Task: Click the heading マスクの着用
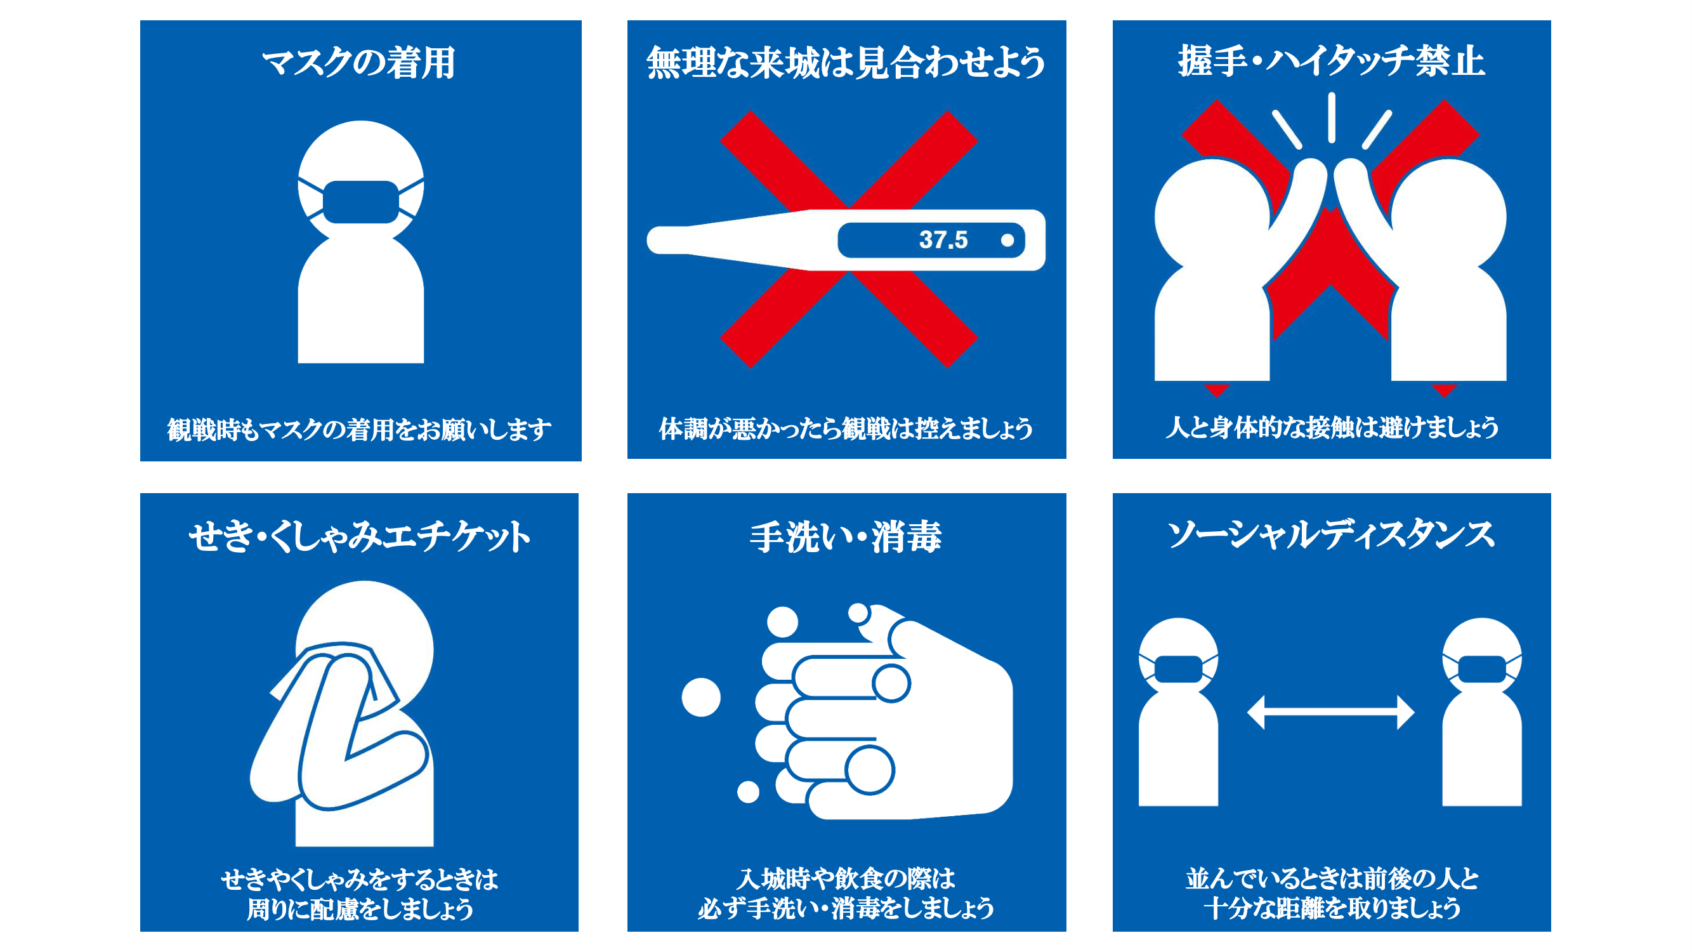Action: (358, 63)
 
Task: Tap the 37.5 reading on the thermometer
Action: (943, 240)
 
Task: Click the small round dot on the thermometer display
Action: (1007, 241)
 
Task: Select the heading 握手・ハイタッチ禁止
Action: (1331, 62)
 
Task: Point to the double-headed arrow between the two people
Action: (1331, 712)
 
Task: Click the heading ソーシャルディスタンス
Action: (1331, 535)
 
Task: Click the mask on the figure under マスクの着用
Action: (360, 202)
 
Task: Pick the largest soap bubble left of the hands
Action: (701, 697)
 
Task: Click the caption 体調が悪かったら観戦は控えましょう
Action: (846, 428)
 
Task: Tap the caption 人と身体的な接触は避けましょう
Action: (1332, 428)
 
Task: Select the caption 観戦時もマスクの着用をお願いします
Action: (359, 430)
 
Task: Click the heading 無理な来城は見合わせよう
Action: (846, 63)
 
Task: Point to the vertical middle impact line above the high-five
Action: (1332, 117)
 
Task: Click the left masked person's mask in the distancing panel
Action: (1178, 669)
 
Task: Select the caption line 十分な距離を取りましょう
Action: (1332, 909)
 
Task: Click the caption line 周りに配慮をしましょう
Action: (359, 909)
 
